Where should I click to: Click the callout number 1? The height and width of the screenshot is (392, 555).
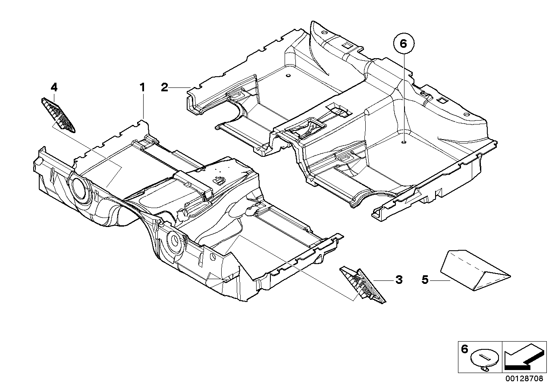click(142, 87)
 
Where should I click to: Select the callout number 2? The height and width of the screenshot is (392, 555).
click(164, 87)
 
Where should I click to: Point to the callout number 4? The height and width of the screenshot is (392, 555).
click(54, 87)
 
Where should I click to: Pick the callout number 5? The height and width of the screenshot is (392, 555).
click(425, 280)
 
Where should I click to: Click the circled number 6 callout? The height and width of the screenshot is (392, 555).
click(404, 44)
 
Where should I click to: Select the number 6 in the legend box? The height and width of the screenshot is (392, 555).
click(464, 349)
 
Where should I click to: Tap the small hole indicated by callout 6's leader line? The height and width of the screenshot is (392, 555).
click(403, 142)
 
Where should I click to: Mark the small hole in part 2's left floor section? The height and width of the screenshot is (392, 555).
click(288, 77)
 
